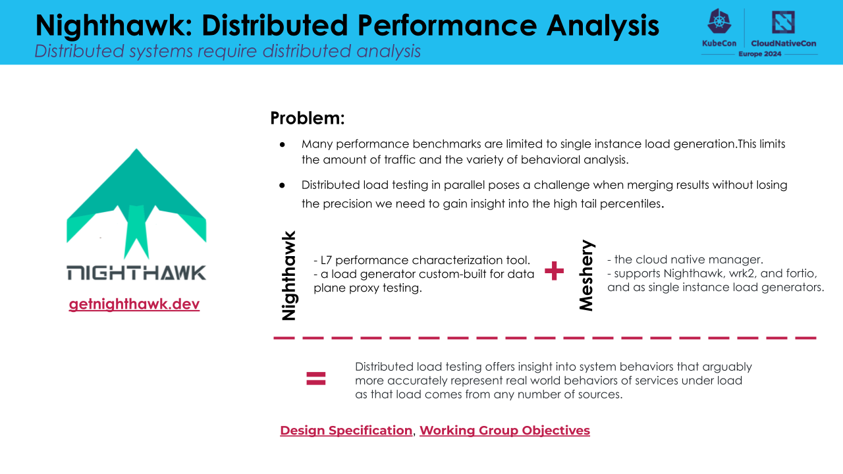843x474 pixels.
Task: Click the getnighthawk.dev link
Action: (134, 304)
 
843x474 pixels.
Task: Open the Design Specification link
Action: (346, 431)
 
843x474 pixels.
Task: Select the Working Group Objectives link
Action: (504, 431)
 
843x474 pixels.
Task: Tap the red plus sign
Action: (555, 271)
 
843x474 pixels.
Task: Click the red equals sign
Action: (316, 378)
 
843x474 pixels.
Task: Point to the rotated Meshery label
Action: (586, 275)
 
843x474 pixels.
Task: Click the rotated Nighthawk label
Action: (288, 275)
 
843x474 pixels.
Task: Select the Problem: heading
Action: (308, 118)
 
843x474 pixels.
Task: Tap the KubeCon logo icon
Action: (719, 22)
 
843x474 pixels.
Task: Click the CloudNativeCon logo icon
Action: (783, 22)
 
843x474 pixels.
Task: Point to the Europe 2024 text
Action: (760, 54)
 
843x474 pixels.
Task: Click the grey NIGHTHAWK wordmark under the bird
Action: (136, 273)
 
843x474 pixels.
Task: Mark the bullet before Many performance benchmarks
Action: (282, 144)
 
